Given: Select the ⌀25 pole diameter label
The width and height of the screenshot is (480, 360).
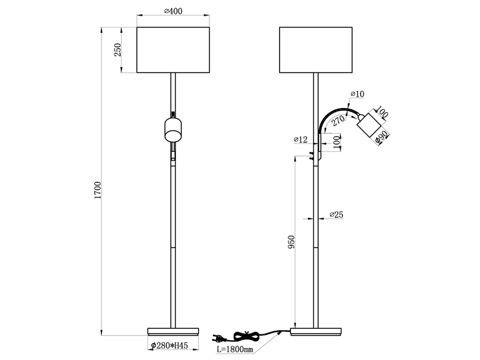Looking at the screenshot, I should [x=336, y=215].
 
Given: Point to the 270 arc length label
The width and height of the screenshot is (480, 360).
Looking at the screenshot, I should [x=338, y=120].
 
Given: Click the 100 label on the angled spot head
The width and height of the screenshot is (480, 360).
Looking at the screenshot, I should [x=382, y=113].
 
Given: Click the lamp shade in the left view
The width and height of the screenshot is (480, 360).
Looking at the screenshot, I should [x=173, y=50].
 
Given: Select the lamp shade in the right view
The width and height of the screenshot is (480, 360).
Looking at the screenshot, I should [x=315, y=50].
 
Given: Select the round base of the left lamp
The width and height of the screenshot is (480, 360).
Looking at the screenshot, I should [x=173, y=331].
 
